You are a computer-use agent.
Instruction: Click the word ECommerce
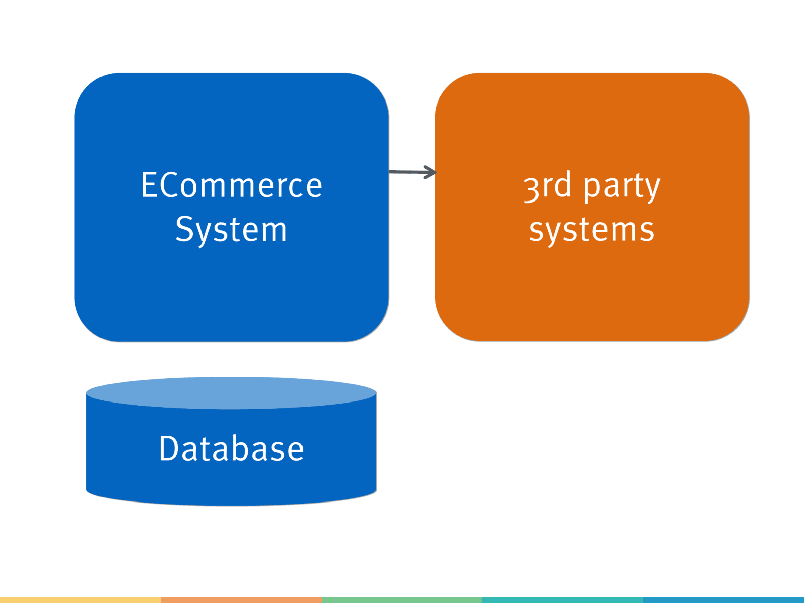click(x=231, y=185)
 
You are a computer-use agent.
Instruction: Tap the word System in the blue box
click(x=231, y=230)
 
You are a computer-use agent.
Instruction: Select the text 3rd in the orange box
click(x=547, y=185)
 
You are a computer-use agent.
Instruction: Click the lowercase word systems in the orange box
click(x=591, y=230)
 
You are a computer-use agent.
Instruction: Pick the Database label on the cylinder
click(x=231, y=448)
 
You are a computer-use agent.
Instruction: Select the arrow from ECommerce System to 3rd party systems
click(x=410, y=172)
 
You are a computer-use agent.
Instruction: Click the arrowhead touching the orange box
click(x=431, y=172)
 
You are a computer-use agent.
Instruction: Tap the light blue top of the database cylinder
click(x=231, y=392)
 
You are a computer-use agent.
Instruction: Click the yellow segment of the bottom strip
click(x=80, y=600)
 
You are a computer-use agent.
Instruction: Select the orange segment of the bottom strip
click(x=241, y=600)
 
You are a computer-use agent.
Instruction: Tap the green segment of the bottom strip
click(x=402, y=600)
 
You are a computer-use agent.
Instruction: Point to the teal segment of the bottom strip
click(x=562, y=600)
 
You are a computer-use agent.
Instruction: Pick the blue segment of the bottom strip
click(x=724, y=600)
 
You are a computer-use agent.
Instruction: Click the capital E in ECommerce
click(x=149, y=185)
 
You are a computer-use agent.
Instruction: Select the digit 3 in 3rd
click(x=531, y=188)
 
